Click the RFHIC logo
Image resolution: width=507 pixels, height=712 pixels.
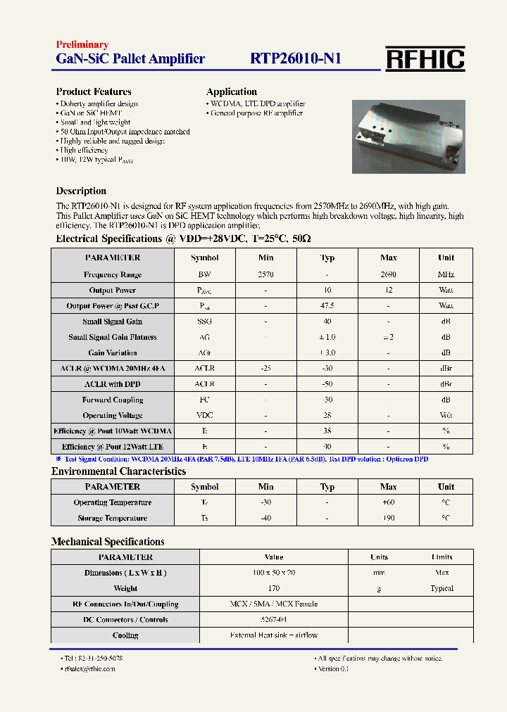click(x=425, y=58)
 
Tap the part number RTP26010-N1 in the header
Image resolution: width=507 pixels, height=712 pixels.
click(x=296, y=58)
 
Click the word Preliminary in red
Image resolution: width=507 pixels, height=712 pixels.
click(x=82, y=44)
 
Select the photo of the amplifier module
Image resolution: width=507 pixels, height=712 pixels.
click(x=408, y=136)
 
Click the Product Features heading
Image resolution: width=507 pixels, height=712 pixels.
click(x=94, y=91)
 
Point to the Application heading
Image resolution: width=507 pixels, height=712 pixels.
click(x=231, y=91)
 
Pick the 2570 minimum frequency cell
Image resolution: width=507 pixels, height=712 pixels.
click(x=265, y=274)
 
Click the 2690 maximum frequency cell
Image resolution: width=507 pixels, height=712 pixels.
click(x=388, y=274)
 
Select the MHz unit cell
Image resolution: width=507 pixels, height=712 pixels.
click(x=446, y=274)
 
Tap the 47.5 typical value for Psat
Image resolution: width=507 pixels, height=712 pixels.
click(x=327, y=306)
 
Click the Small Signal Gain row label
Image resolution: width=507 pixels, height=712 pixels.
click(x=112, y=322)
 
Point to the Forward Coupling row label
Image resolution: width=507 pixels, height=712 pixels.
click(x=113, y=400)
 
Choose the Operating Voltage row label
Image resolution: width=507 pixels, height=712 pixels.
click(x=113, y=416)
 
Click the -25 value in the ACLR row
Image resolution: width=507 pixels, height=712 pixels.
click(x=265, y=369)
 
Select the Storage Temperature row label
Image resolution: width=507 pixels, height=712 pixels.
click(x=113, y=518)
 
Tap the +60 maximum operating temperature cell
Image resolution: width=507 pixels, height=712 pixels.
click(x=388, y=502)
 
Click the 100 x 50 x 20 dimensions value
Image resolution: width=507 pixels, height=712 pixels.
click(x=273, y=573)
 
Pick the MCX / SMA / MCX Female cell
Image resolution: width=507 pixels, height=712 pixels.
click(x=273, y=604)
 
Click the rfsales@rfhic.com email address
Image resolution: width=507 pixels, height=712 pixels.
click(x=89, y=668)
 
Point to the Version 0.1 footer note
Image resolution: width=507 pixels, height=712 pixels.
click(x=333, y=668)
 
